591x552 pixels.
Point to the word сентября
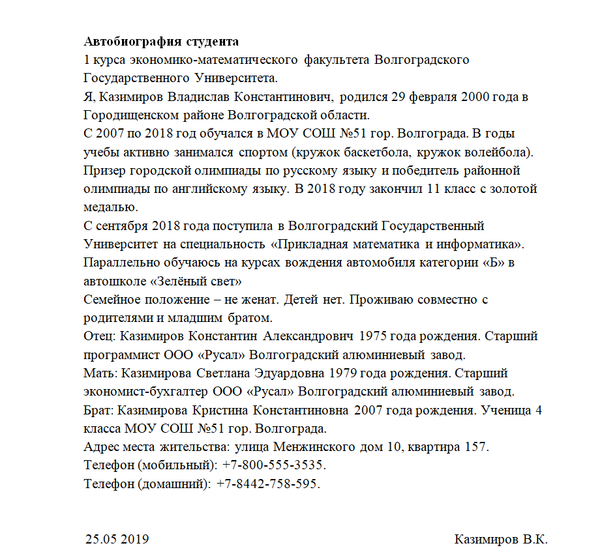click(123, 227)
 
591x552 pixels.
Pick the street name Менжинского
click(312, 448)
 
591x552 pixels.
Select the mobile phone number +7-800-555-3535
click(273, 466)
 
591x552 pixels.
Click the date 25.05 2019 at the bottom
click(117, 540)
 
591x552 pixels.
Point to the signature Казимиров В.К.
click(500, 540)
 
